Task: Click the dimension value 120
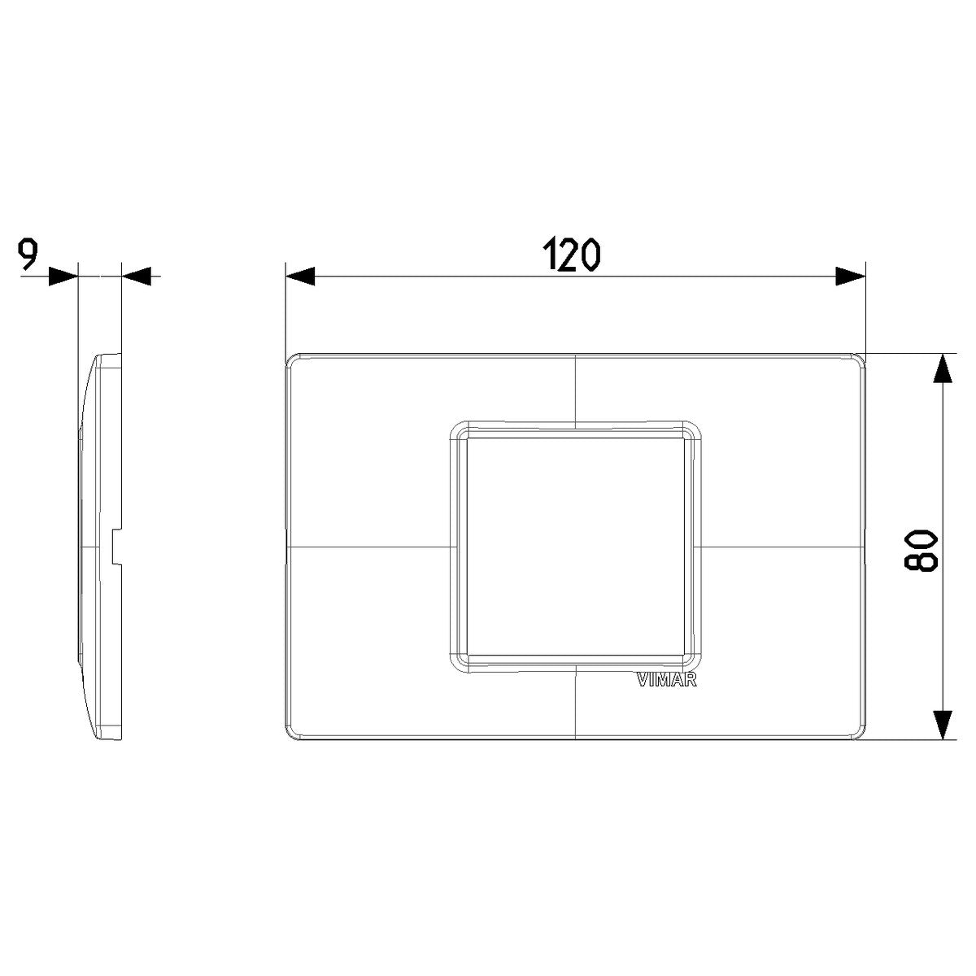click(571, 255)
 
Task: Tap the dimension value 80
click(920, 552)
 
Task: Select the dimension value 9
click(28, 255)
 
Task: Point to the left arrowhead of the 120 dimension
click(300, 277)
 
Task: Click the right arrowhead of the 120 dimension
click(851, 277)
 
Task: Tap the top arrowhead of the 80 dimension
click(942, 368)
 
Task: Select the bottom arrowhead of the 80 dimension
click(942, 725)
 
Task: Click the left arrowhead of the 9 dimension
click(63, 277)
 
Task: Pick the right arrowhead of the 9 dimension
click(137, 277)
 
